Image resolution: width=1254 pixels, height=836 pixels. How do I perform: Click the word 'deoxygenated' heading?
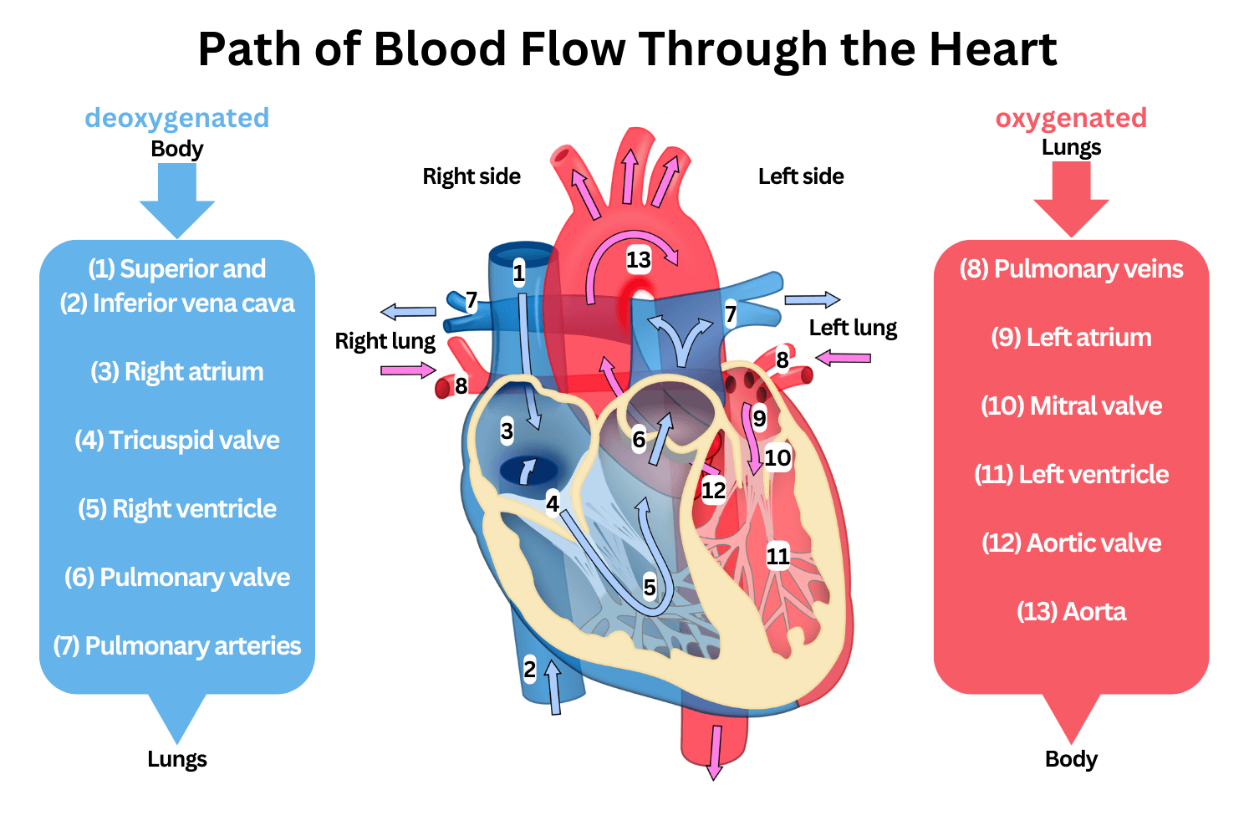pyautogui.click(x=177, y=118)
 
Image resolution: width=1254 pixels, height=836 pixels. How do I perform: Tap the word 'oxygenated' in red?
pyautogui.click(x=1071, y=118)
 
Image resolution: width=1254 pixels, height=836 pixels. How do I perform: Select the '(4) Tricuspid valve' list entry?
pyautogui.click(x=177, y=440)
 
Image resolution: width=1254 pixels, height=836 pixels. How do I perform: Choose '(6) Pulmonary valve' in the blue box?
pyautogui.click(x=177, y=577)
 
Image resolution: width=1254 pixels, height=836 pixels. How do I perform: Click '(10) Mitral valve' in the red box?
pyautogui.click(x=1071, y=405)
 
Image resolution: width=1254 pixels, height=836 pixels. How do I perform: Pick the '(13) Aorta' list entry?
pyautogui.click(x=1071, y=611)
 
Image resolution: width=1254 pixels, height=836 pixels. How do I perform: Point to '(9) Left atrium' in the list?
pyautogui.click(x=1071, y=337)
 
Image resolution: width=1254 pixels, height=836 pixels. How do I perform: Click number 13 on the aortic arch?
pyautogui.click(x=639, y=260)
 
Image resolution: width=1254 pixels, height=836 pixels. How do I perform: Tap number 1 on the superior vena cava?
pyautogui.click(x=519, y=273)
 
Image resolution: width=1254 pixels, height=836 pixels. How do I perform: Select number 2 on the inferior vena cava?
pyautogui.click(x=529, y=669)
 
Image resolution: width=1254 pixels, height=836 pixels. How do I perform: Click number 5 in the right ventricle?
pyautogui.click(x=650, y=588)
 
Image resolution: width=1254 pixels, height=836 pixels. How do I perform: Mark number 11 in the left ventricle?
pyautogui.click(x=777, y=556)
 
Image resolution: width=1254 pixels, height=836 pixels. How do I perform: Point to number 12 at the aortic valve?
pyautogui.click(x=713, y=490)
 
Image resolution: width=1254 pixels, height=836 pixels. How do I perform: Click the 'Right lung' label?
pyautogui.click(x=385, y=341)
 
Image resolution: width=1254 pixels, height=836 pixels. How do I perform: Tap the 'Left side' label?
pyautogui.click(x=801, y=176)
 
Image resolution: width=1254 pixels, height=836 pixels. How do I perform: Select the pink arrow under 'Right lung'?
pyautogui.click(x=408, y=370)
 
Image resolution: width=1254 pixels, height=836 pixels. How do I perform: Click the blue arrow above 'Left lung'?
pyautogui.click(x=812, y=299)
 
